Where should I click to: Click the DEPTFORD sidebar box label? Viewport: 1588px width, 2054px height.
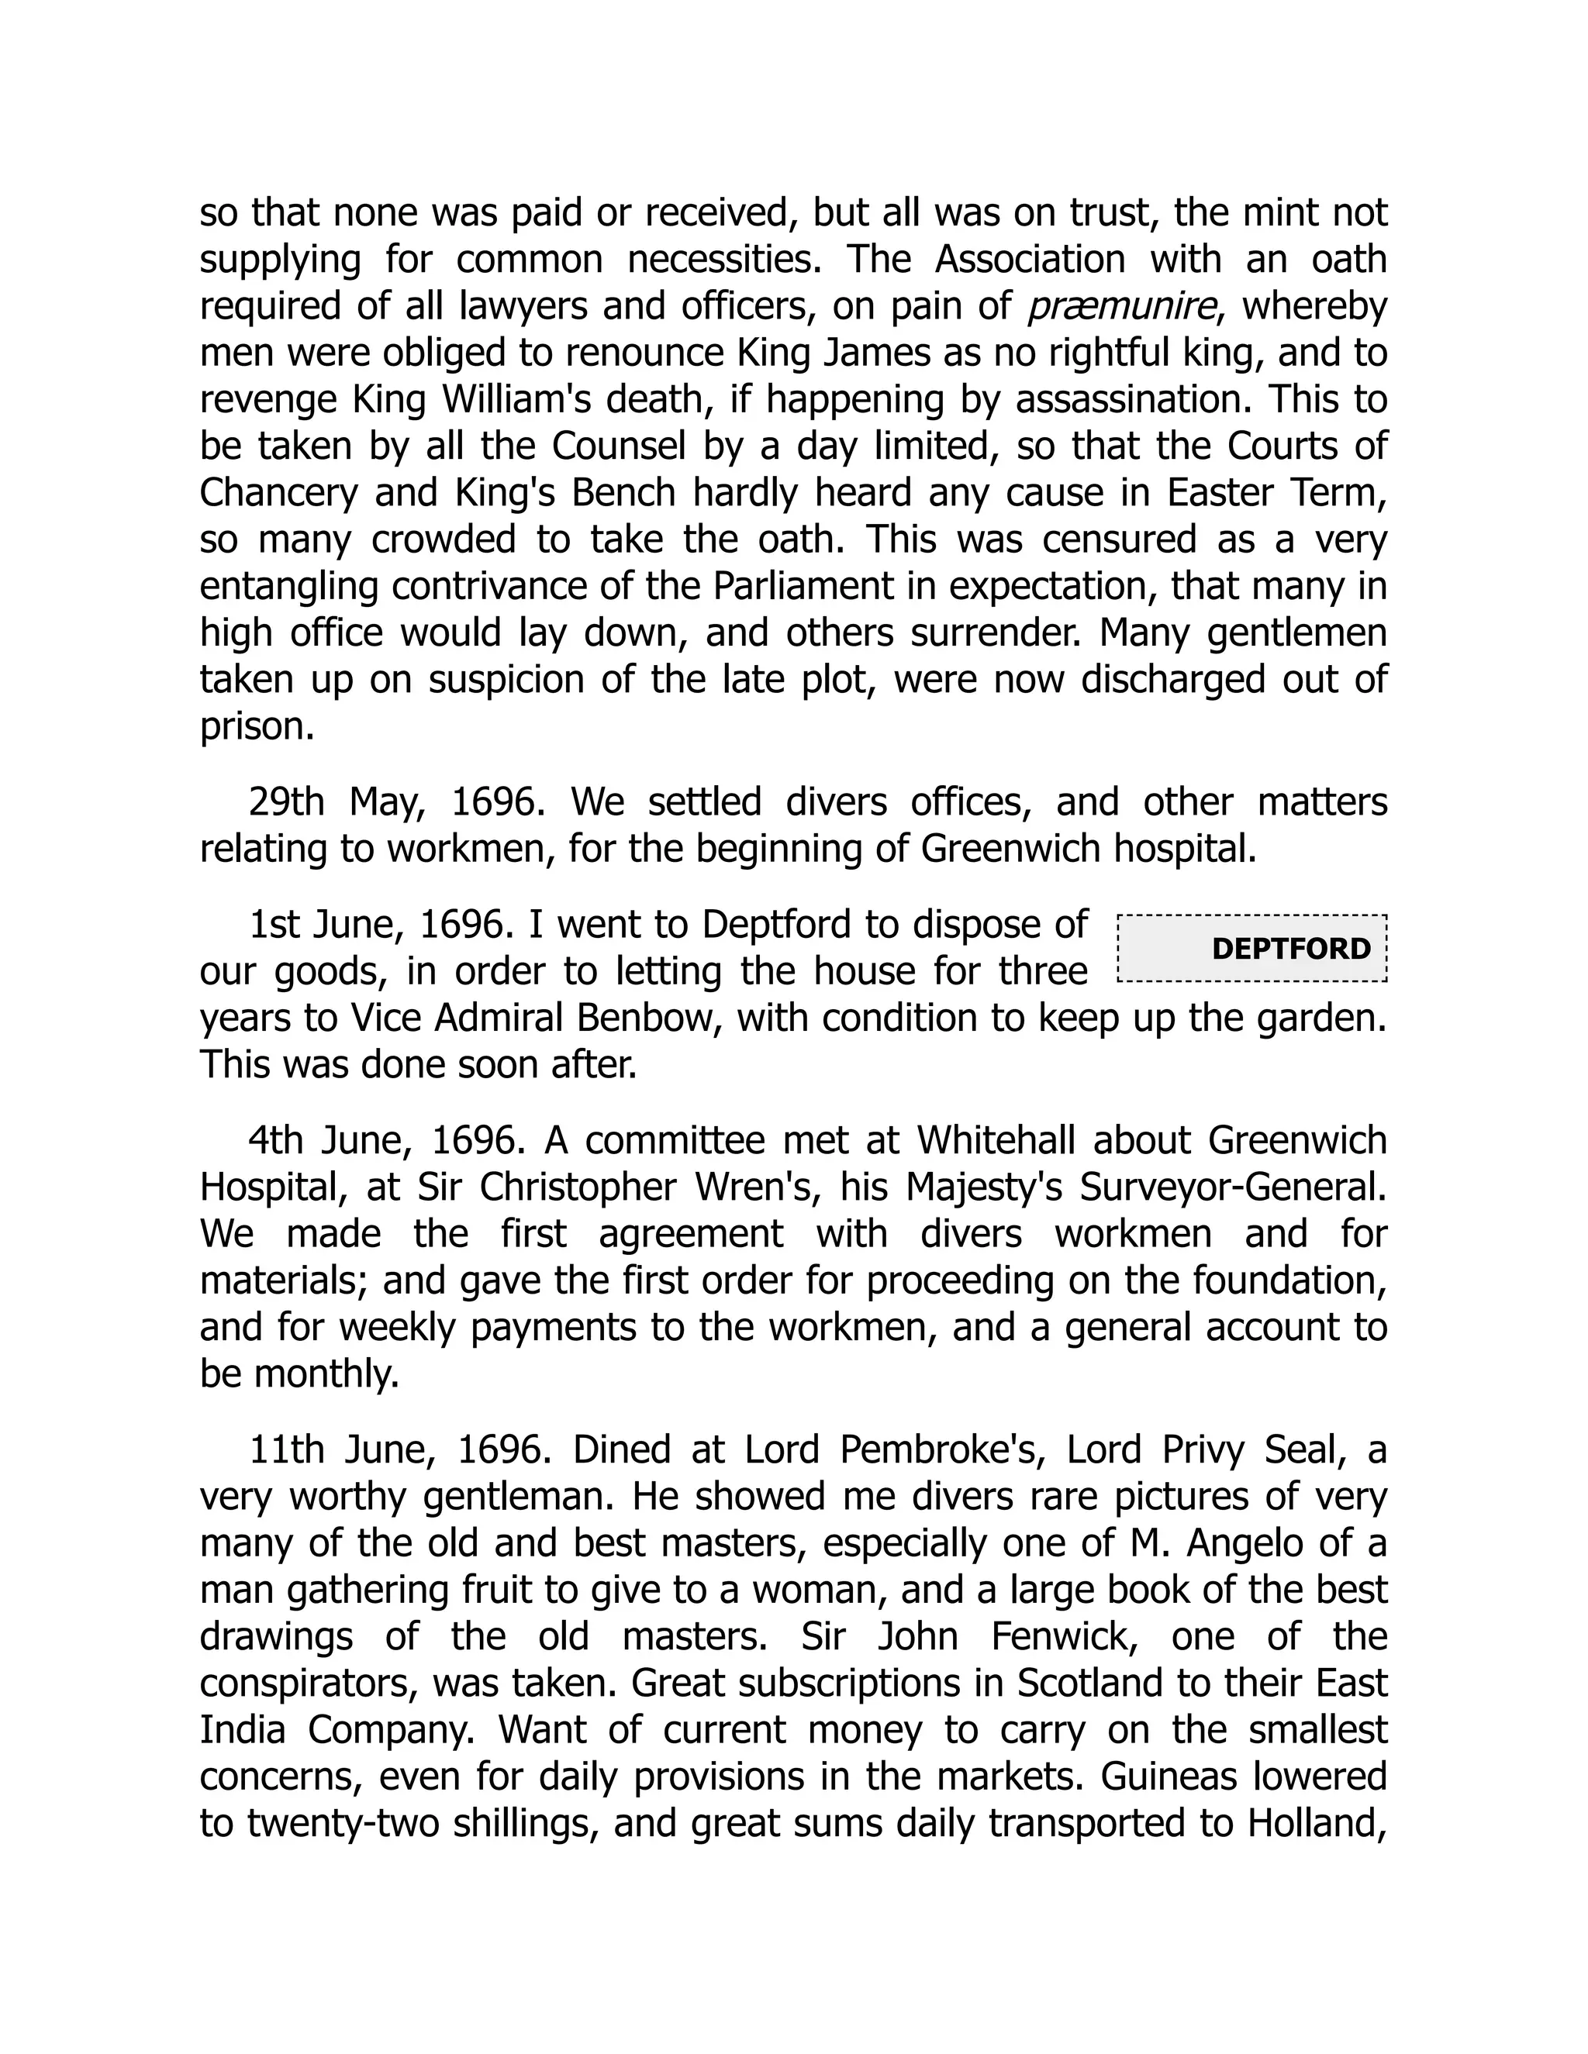(x=1291, y=948)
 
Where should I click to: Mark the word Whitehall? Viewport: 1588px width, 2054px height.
(x=996, y=1141)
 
